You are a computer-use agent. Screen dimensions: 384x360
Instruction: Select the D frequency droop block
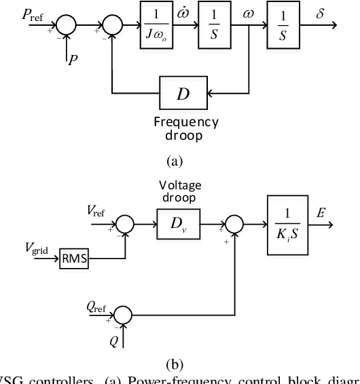click(183, 92)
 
